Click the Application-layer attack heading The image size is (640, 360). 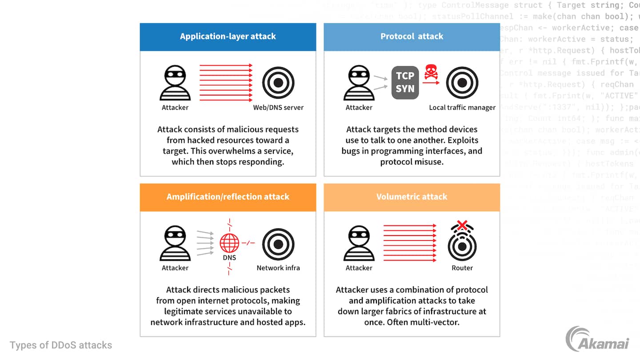click(228, 36)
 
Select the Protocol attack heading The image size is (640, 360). click(412, 36)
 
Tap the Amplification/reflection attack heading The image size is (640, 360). click(228, 196)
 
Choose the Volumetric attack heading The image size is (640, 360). click(412, 196)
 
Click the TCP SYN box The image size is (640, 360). click(405, 83)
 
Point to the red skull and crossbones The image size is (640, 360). click(431, 72)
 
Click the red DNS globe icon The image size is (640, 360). click(229, 243)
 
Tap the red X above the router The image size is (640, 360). click(462, 225)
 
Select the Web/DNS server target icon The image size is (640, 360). click(278, 83)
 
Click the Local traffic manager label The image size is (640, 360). click(462, 108)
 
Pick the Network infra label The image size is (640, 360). click(278, 268)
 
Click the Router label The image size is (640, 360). click(462, 268)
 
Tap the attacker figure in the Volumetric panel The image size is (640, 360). click(359, 243)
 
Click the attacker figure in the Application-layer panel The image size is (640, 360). click(175, 83)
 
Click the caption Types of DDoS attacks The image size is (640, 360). click(61, 345)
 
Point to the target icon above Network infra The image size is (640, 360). click(278, 244)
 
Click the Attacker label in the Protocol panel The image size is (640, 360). click(359, 108)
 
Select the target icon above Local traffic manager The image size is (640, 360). click(462, 83)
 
